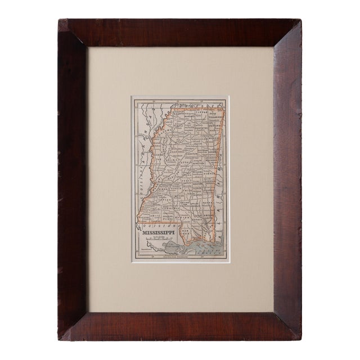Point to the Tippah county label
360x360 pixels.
(x=202, y=112)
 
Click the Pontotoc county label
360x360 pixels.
(x=199, y=128)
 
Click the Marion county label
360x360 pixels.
(x=183, y=218)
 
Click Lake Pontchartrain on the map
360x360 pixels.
(x=169, y=244)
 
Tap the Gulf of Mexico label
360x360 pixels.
(x=209, y=251)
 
